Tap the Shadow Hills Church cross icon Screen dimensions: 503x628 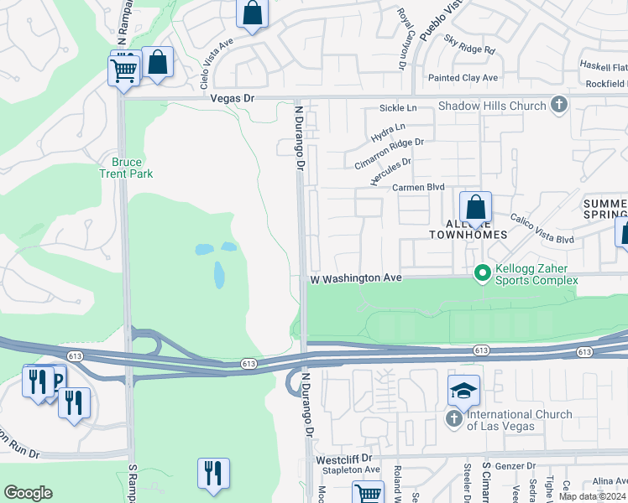point(560,106)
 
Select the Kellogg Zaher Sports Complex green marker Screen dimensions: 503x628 point(483,274)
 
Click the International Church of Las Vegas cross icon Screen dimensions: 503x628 point(454,417)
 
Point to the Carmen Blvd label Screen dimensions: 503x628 point(418,188)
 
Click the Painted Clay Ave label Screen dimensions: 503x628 point(463,78)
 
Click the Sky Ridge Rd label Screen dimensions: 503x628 point(470,44)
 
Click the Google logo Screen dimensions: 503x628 point(28,493)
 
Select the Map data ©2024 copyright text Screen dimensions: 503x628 point(592,496)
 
